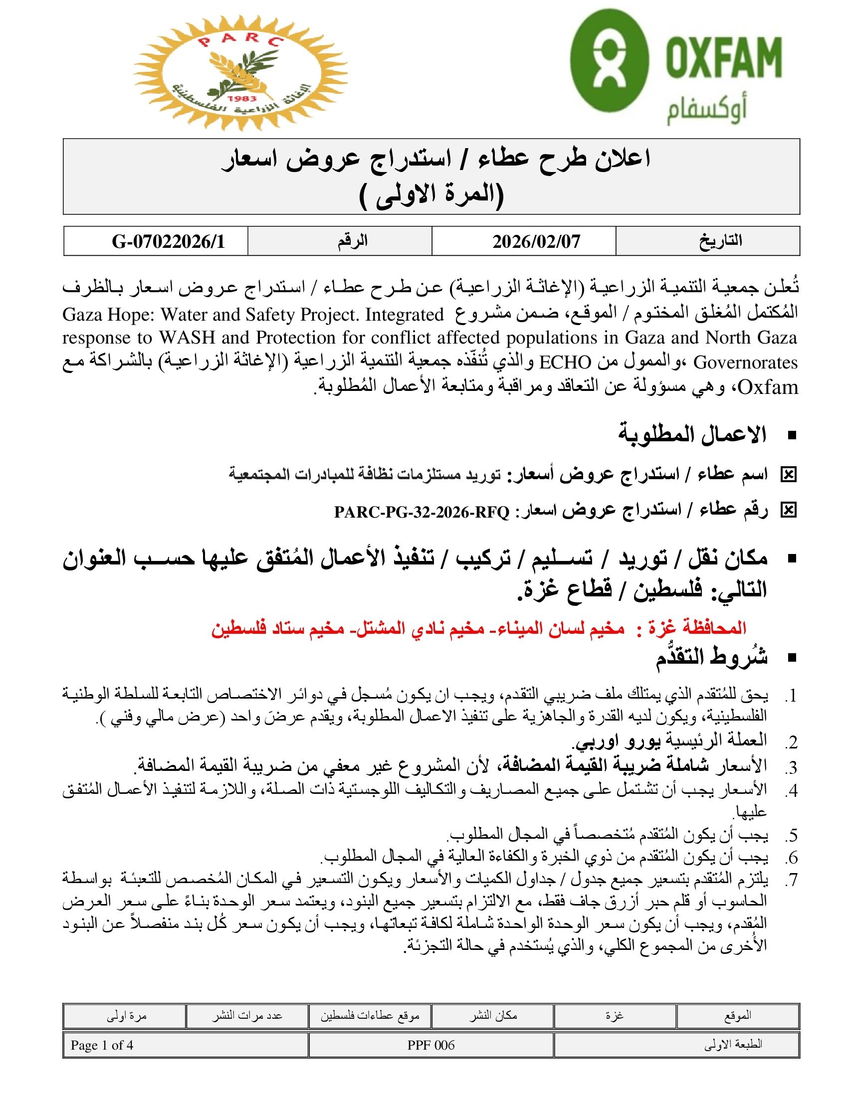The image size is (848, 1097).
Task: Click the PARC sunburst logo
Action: click(x=240, y=73)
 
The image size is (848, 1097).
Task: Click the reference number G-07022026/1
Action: click(x=168, y=242)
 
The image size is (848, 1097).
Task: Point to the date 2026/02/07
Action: click(x=536, y=242)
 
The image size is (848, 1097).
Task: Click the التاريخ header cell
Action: click(x=720, y=241)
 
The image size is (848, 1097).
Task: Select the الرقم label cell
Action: click(x=352, y=241)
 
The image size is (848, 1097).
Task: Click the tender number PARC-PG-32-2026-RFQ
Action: click(x=422, y=512)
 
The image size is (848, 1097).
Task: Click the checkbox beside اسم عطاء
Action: click(x=789, y=474)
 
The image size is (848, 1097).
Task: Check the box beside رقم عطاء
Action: click(x=789, y=511)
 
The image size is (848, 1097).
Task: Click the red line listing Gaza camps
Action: click(x=478, y=628)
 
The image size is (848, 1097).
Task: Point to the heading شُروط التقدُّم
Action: click(x=711, y=657)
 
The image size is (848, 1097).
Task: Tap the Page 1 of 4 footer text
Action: click(x=102, y=1045)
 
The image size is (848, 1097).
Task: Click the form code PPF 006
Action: click(x=430, y=1045)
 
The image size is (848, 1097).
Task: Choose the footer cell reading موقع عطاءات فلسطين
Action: click(x=370, y=1016)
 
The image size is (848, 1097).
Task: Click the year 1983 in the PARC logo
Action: click(x=241, y=98)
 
